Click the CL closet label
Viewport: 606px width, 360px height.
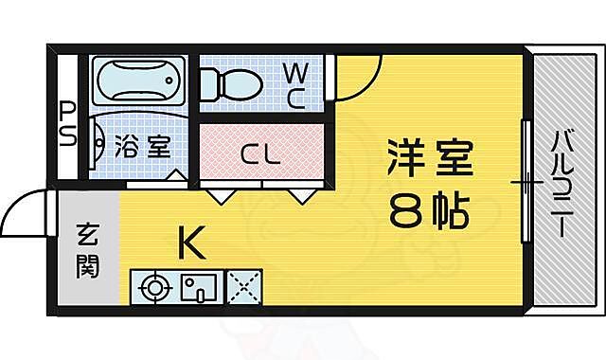click(258, 152)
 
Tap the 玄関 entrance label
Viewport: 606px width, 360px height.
click(86, 249)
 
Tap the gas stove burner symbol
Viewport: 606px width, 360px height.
click(152, 286)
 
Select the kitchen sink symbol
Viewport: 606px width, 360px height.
click(199, 286)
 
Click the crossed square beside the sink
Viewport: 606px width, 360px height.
click(244, 286)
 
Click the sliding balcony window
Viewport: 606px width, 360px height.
click(526, 180)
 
